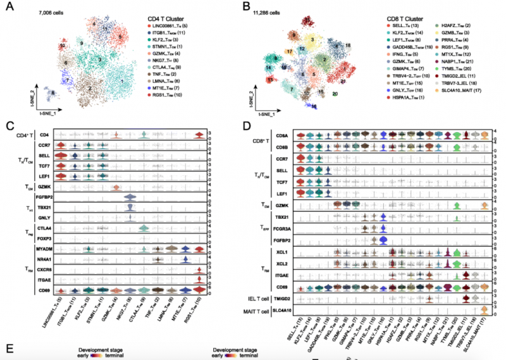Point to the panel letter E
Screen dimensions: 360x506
8,349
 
